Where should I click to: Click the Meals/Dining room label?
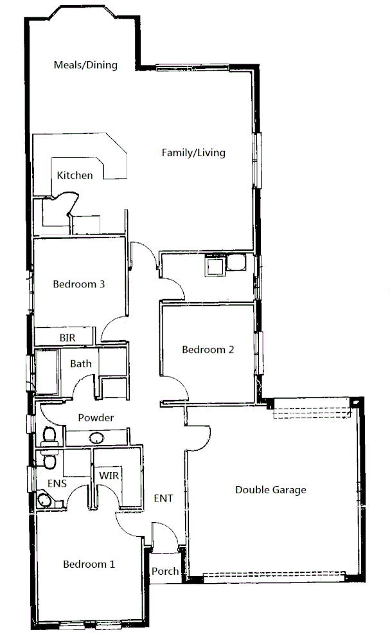(85, 64)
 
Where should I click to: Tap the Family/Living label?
(193, 152)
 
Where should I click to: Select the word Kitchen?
(75, 175)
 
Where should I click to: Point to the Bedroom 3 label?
(79, 284)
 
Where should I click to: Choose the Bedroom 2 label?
(208, 350)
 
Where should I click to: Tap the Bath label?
(81, 363)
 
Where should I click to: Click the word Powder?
(96, 418)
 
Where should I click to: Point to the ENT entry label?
(163, 497)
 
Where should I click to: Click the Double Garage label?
(270, 490)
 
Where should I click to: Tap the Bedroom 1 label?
(89, 564)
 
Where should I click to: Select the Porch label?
(165, 571)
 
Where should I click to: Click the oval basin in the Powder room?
(96, 438)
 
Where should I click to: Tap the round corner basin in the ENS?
(44, 500)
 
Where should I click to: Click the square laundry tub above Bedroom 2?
(213, 264)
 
